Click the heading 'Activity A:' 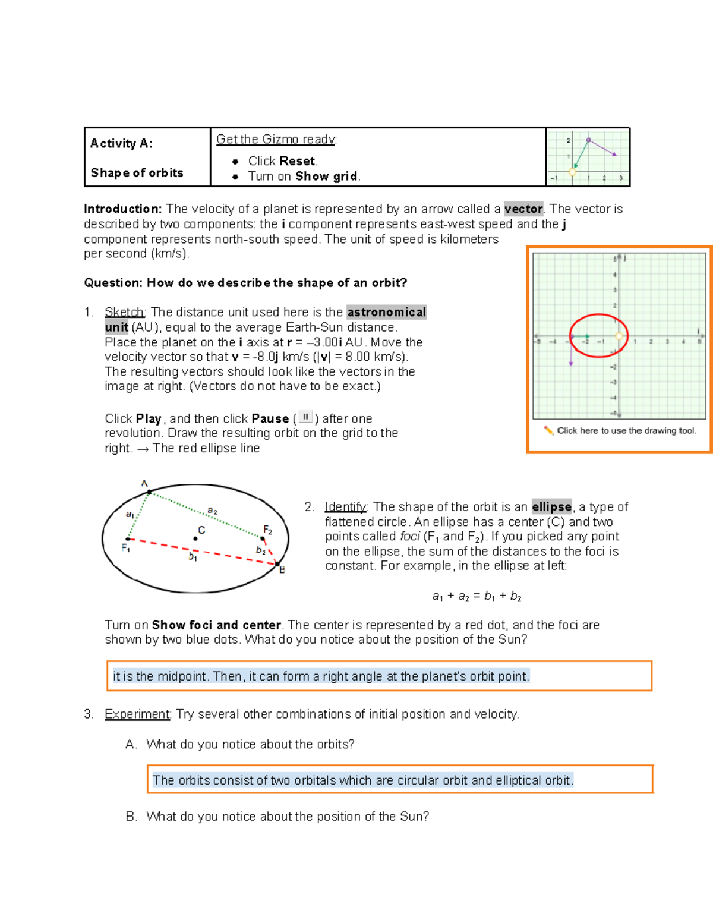coord(121,143)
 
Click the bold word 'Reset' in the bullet coord(297,161)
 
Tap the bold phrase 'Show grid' coord(326,177)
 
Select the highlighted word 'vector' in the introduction coord(523,209)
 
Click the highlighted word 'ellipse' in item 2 coord(551,507)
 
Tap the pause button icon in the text coord(305,417)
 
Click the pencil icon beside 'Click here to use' coord(548,430)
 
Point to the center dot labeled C coord(195,538)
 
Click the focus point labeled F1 coord(128,539)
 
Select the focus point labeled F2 coord(263,538)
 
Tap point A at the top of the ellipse coord(149,492)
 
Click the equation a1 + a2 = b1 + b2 coord(477,596)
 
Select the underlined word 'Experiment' coord(137,714)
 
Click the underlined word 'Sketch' coord(124,313)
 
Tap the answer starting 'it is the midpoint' coord(320,676)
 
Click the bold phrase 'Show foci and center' coord(216,625)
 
